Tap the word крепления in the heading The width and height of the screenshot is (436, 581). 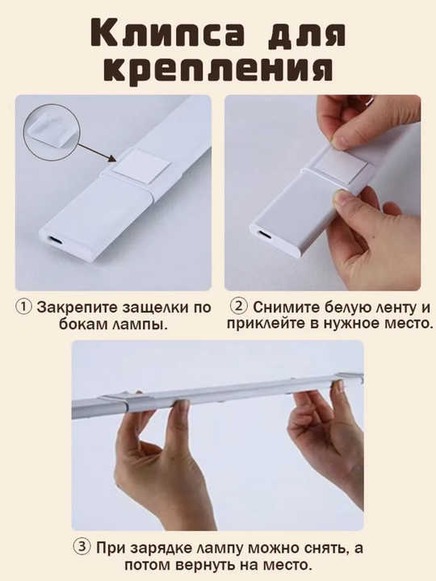(217, 69)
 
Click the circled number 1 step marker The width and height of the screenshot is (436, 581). (23, 307)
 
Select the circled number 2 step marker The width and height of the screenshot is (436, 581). (238, 307)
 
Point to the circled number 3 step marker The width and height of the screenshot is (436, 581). (82, 548)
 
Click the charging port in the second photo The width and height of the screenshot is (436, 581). (265, 235)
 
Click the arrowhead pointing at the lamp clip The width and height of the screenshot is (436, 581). (113, 158)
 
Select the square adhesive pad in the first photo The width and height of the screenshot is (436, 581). (141, 165)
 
